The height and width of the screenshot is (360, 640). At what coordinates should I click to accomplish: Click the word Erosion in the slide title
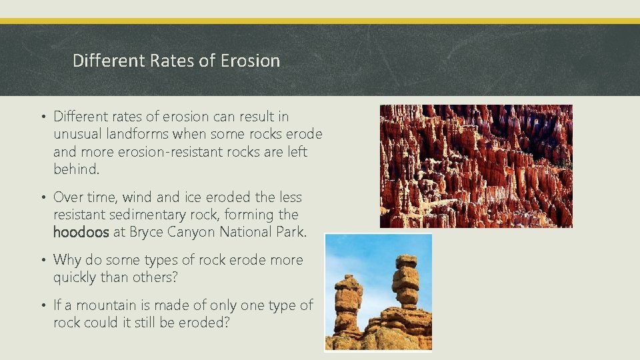point(249,61)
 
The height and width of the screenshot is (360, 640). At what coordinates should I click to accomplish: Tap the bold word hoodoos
point(81,233)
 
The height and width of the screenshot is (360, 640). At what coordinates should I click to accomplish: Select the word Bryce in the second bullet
point(146,233)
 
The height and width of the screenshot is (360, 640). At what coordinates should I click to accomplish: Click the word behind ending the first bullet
point(75,169)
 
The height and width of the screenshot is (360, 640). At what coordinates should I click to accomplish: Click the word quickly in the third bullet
point(75,278)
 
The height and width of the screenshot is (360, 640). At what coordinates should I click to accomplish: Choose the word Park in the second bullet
point(293,233)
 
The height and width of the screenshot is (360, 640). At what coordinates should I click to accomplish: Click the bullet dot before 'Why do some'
point(43,261)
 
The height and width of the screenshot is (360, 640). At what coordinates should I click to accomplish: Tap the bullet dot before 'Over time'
point(43,198)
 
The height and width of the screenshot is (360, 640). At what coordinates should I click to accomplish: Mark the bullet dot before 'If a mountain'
point(43,306)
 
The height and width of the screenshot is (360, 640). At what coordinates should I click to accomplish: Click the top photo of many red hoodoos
point(476,166)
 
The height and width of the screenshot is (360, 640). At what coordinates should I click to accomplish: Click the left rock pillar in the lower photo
point(348,303)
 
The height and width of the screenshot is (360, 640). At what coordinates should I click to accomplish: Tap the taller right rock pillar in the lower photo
point(405,280)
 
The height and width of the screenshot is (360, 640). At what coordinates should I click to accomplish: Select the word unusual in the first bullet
point(77,135)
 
